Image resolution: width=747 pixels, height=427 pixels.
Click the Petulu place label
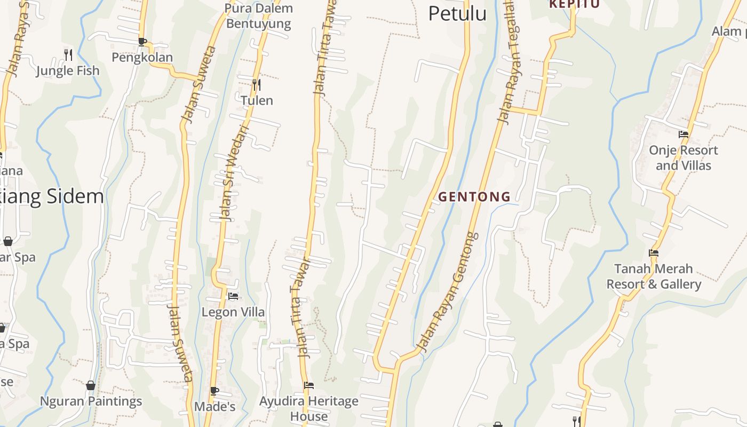457,13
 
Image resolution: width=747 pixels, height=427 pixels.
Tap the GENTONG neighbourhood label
474,197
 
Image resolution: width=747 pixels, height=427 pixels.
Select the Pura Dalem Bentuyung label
259,16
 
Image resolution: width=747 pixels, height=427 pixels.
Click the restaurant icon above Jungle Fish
68,54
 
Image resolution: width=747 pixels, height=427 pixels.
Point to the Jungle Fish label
68,70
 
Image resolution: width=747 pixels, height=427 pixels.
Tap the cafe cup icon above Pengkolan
142,42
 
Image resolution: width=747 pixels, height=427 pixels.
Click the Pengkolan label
142,57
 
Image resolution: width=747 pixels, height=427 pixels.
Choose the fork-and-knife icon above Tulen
257,84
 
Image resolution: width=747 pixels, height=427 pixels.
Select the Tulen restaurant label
257,100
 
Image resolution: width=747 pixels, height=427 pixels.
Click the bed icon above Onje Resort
683,135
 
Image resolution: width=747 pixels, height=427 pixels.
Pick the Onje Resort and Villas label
683,158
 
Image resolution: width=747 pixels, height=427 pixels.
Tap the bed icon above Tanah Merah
654,253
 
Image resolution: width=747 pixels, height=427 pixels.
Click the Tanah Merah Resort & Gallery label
654,276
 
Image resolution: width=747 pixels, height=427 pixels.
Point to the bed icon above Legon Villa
233,296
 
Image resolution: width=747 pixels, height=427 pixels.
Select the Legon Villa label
233,312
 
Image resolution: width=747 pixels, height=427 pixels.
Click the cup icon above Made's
214,391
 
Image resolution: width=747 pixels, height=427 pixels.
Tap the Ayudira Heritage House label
308,408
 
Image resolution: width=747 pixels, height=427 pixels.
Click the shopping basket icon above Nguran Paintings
91,385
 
